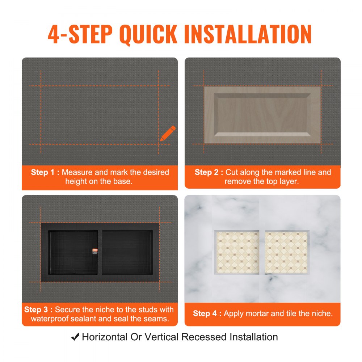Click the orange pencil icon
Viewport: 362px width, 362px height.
pyautogui.click(x=168, y=134)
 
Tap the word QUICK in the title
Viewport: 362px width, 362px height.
pyautogui.click(x=149, y=34)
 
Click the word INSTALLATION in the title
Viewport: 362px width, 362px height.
pyautogui.click(x=248, y=34)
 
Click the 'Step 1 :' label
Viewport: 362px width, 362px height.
pyautogui.click(x=45, y=172)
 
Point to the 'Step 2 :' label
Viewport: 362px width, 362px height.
pyautogui.click(x=209, y=172)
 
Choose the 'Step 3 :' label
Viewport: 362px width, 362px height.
pyautogui.click(x=38, y=310)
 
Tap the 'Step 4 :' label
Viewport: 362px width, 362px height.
pyautogui.click(x=207, y=313)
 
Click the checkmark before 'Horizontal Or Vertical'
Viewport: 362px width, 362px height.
pyautogui.click(x=75, y=337)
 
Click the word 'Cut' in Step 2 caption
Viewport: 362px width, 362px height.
pyautogui.click(x=232, y=172)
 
